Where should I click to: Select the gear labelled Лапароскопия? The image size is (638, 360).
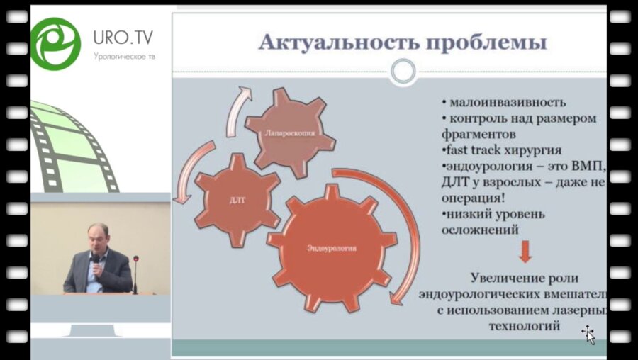coord(289,132)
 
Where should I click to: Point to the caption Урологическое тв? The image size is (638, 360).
coord(123,56)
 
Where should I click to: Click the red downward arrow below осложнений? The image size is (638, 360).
coord(525,252)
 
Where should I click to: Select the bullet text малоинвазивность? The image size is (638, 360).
coord(496,101)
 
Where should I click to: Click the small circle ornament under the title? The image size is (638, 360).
coord(403,70)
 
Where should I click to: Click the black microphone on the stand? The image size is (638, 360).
coord(135,260)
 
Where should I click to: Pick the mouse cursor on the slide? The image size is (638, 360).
coord(588,333)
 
